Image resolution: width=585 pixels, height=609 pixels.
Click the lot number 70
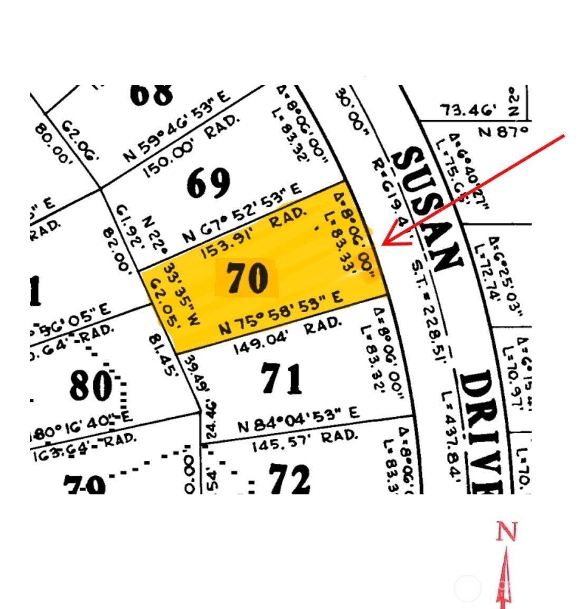(x=247, y=278)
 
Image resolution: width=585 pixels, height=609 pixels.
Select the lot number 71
(x=281, y=379)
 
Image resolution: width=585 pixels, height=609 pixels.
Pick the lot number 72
(x=289, y=479)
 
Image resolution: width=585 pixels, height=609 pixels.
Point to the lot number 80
(x=90, y=386)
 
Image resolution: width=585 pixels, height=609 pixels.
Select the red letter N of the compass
(x=506, y=532)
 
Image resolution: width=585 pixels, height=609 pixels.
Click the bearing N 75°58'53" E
(x=281, y=313)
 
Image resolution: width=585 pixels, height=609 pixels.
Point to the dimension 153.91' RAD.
(x=253, y=233)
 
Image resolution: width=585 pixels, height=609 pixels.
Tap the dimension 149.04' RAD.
(x=287, y=335)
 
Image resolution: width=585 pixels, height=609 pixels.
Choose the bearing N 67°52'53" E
(x=242, y=213)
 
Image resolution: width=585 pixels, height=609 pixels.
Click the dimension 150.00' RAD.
(x=192, y=146)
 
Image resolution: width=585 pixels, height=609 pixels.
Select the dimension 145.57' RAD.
(x=304, y=440)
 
